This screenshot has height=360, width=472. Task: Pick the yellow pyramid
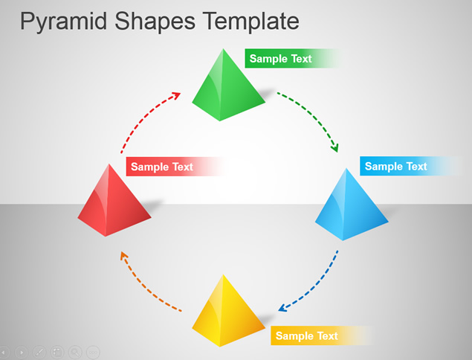(x=227, y=313)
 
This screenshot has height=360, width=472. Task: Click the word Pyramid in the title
(x=63, y=22)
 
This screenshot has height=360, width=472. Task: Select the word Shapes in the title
(x=155, y=22)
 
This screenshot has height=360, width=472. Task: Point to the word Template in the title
(x=250, y=21)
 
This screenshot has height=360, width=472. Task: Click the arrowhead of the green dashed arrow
(x=335, y=148)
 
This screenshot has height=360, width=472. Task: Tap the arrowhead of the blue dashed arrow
(x=282, y=308)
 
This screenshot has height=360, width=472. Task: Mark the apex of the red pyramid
(x=109, y=164)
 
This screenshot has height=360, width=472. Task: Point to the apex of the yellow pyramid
(x=223, y=274)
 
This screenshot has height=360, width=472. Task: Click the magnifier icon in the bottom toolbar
(x=75, y=352)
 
